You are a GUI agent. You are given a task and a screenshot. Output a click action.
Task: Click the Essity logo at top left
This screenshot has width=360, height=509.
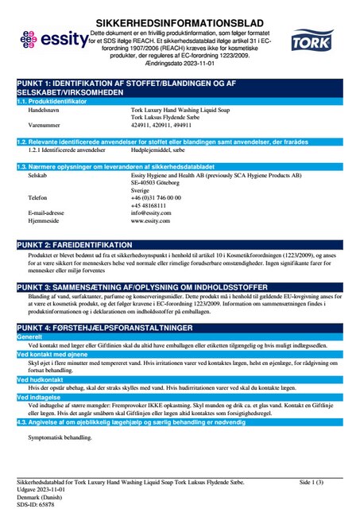coord(45,38)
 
